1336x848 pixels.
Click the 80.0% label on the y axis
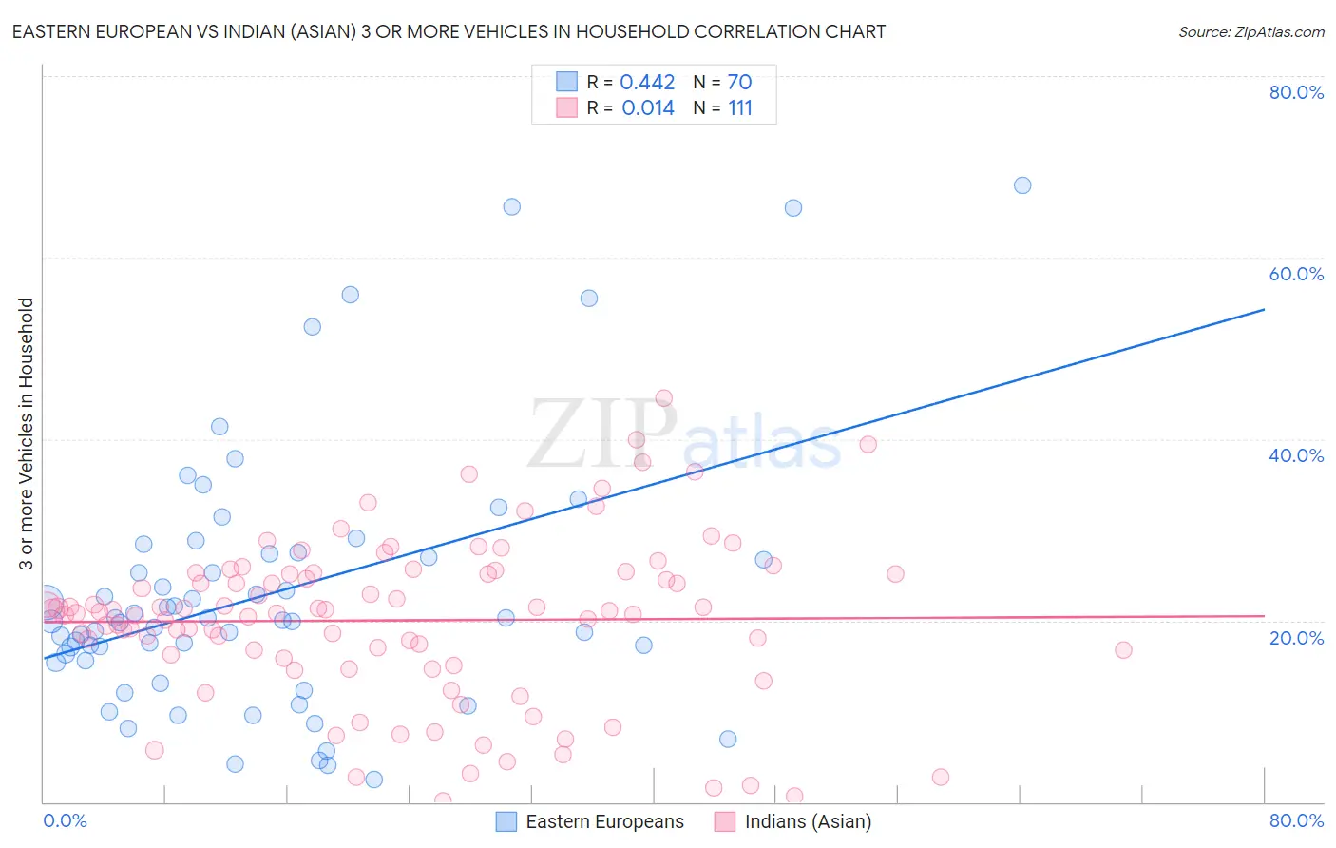(1296, 92)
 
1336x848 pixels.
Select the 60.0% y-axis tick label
(1296, 274)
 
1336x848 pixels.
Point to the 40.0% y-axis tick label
(1296, 455)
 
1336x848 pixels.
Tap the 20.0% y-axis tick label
(1296, 638)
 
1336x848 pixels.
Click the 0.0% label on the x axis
(65, 820)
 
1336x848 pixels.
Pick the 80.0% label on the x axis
(1296, 820)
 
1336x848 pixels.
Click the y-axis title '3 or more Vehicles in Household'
(26, 434)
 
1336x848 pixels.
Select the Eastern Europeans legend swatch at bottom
(506, 821)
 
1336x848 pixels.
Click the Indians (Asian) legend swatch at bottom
(726, 821)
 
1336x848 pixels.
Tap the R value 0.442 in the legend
(647, 83)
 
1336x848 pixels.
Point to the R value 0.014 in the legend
(648, 108)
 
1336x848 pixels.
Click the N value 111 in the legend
(740, 108)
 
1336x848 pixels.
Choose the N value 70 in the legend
(739, 83)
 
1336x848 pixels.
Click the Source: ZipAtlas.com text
(1250, 32)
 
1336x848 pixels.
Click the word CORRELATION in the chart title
(728, 32)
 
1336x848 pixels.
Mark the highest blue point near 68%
(1022, 185)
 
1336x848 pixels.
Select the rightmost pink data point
(1123, 650)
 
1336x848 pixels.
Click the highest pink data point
(664, 398)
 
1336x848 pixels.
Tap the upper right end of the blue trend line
(1264, 309)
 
